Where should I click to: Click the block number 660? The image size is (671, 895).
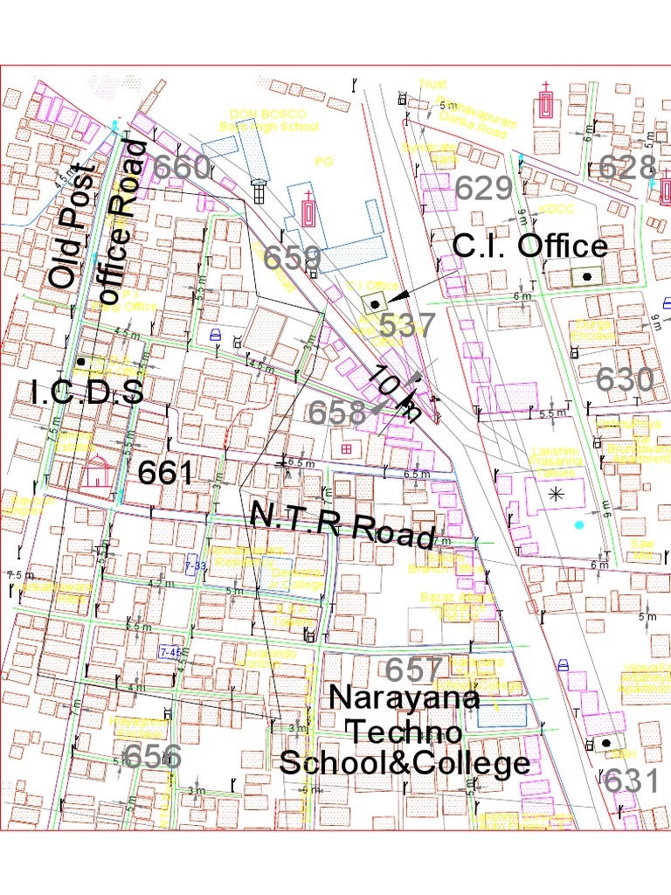click(x=182, y=167)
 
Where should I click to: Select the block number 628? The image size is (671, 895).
click(x=626, y=167)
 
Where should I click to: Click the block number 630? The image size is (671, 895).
click(x=625, y=379)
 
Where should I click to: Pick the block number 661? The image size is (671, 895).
click(x=166, y=473)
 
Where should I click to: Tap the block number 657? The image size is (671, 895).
click(x=415, y=670)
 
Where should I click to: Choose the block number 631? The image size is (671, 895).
click(x=632, y=781)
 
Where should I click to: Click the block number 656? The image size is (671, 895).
click(x=153, y=756)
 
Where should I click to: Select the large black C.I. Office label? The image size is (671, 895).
click(x=529, y=246)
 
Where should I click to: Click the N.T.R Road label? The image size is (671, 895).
click(x=342, y=524)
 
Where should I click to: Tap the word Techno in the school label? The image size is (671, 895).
click(x=404, y=731)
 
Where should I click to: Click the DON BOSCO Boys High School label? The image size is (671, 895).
click(x=273, y=121)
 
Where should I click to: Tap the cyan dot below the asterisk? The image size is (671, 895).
click(x=578, y=524)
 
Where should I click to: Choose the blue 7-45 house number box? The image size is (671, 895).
click(x=170, y=651)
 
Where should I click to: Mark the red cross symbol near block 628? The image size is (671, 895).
click(x=547, y=101)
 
